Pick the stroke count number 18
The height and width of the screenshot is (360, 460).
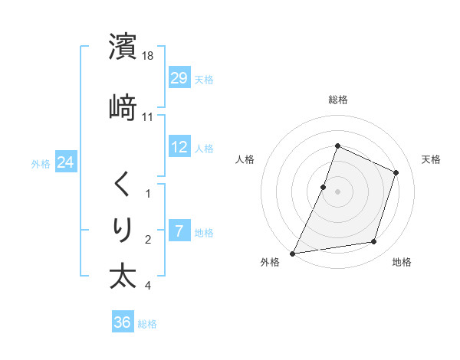pyautogui.click(x=149, y=56)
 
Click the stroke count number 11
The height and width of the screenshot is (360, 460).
pyautogui.click(x=148, y=117)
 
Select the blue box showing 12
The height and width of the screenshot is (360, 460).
pyautogui.click(x=179, y=147)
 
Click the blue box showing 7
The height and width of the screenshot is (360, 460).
pyautogui.click(x=179, y=231)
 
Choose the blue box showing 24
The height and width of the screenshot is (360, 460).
pyautogui.click(x=65, y=162)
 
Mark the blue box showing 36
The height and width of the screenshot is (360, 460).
pyautogui.click(x=122, y=322)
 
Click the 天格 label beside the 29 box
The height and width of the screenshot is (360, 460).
pyautogui.click(x=204, y=79)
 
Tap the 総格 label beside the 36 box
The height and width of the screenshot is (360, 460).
pyautogui.click(x=147, y=324)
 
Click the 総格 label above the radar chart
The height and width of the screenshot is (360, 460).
pyautogui.click(x=338, y=100)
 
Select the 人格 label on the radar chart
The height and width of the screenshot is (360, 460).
pyautogui.click(x=245, y=159)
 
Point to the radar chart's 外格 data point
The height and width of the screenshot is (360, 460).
pyautogui.click(x=293, y=253)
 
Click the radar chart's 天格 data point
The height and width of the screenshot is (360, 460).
pyautogui.click(x=396, y=172)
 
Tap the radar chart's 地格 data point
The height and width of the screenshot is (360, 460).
pyautogui.click(x=374, y=242)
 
